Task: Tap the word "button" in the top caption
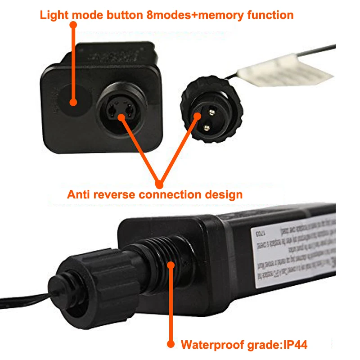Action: click(126, 15)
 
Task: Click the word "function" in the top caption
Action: click(270, 15)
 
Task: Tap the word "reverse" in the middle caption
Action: click(117, 195)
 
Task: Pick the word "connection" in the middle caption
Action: click(175, 195)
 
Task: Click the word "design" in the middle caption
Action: click(225, 195)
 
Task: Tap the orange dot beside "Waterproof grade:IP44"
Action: click(171, 344)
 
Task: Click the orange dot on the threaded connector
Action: click(171, 265)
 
